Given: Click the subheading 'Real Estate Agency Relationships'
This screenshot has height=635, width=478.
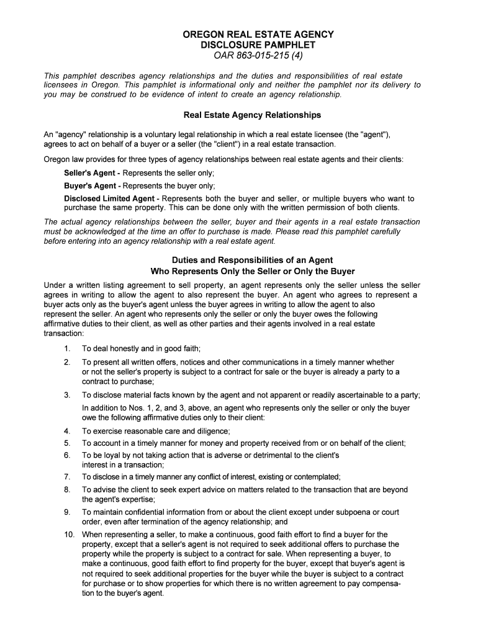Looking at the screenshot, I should pos(253,115).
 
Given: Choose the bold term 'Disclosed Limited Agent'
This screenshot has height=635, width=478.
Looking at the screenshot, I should pos(109,198).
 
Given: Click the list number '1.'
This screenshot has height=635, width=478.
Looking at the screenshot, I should pos(67,349).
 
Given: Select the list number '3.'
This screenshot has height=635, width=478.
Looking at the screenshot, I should pos(67,395).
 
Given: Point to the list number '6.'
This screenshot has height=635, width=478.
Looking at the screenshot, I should pos(67,455).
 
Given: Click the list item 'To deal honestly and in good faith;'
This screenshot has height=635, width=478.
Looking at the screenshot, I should pos(142,349).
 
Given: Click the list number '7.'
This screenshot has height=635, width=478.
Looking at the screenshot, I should pos(67,477).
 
